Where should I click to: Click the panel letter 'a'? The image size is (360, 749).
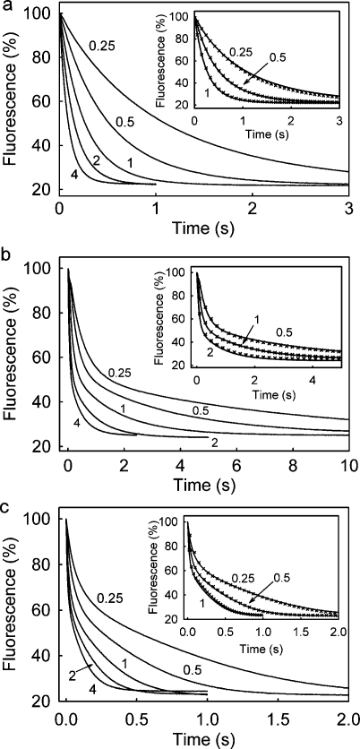7,7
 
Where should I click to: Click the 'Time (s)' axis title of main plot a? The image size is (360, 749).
204,226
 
